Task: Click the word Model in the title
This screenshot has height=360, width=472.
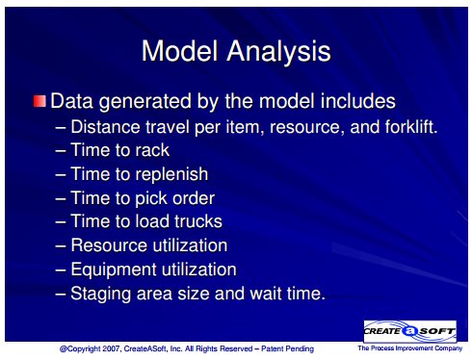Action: tap(180, 51)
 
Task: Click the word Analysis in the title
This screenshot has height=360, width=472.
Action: tap(278, 52)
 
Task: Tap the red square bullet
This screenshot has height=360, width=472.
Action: tap(39, 101)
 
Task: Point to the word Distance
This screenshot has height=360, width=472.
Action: tap(105, 127)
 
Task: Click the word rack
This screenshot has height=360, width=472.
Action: tap(152, 150)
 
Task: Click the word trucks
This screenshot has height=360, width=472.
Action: tap(198, 221)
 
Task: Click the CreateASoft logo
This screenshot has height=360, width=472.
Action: tap(410, 331)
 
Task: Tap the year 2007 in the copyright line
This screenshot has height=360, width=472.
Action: tap(110, 348)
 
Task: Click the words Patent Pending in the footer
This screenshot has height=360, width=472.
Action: tap(287, 348)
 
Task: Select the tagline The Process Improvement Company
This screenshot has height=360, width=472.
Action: tap(410, 348)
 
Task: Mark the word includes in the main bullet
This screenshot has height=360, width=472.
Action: tap(358, 101)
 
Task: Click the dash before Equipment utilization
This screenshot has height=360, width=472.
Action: tap(61, 270)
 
